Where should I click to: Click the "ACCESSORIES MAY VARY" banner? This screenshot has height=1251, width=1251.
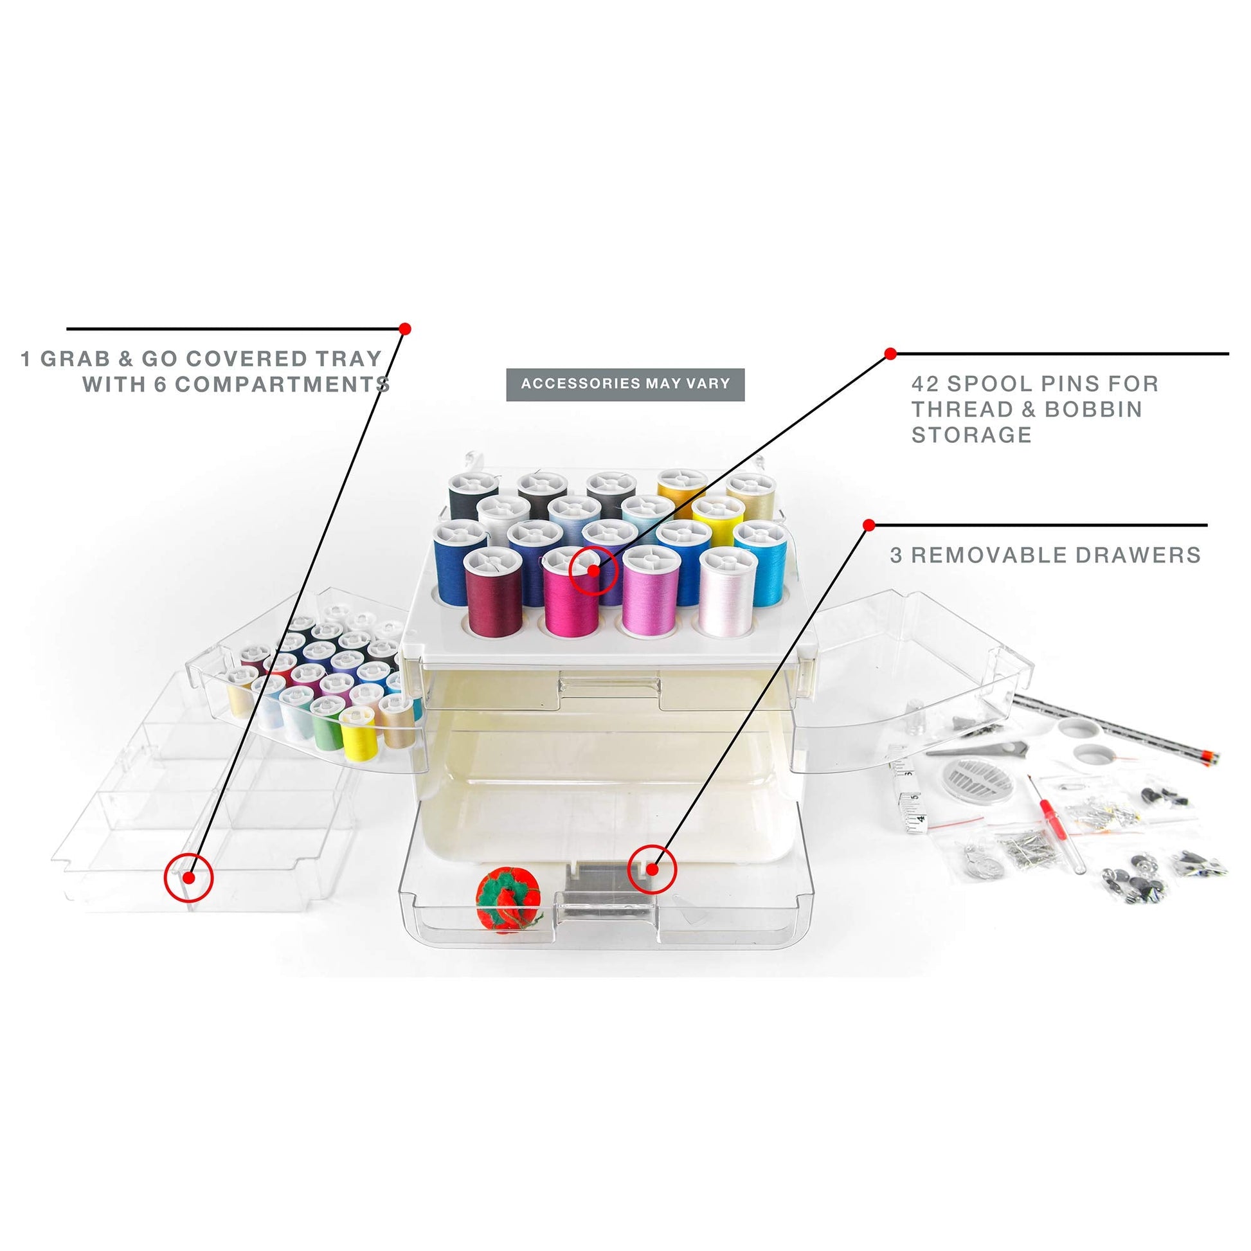tap(625, 384)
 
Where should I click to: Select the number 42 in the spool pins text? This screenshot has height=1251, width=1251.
tap(924, 384)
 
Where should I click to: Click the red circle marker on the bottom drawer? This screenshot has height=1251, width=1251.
tap(652, 870)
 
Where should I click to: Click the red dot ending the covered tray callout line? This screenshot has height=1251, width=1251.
tap(406, 329)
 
